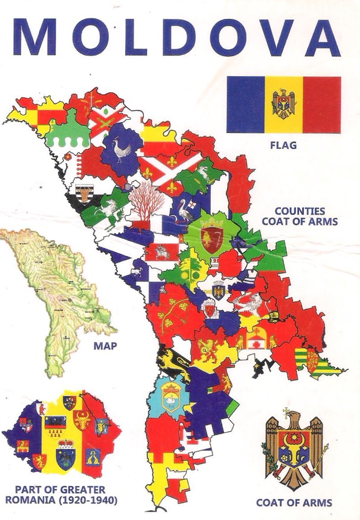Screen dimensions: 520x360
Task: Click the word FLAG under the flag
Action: [x=283, y=146]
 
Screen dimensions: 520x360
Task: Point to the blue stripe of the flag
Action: [x=246, y=104]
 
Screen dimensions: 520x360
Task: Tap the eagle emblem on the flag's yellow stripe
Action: [x=284, y=104]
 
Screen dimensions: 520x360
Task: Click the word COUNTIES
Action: [x=300, y=211]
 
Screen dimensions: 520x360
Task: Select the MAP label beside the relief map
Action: [x=105, y=346]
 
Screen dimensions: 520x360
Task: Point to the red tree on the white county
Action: [x=146, y=201]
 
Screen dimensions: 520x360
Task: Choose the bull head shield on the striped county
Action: [x=83, y=195]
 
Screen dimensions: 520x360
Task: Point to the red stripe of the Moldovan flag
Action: [x=322, y=104]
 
